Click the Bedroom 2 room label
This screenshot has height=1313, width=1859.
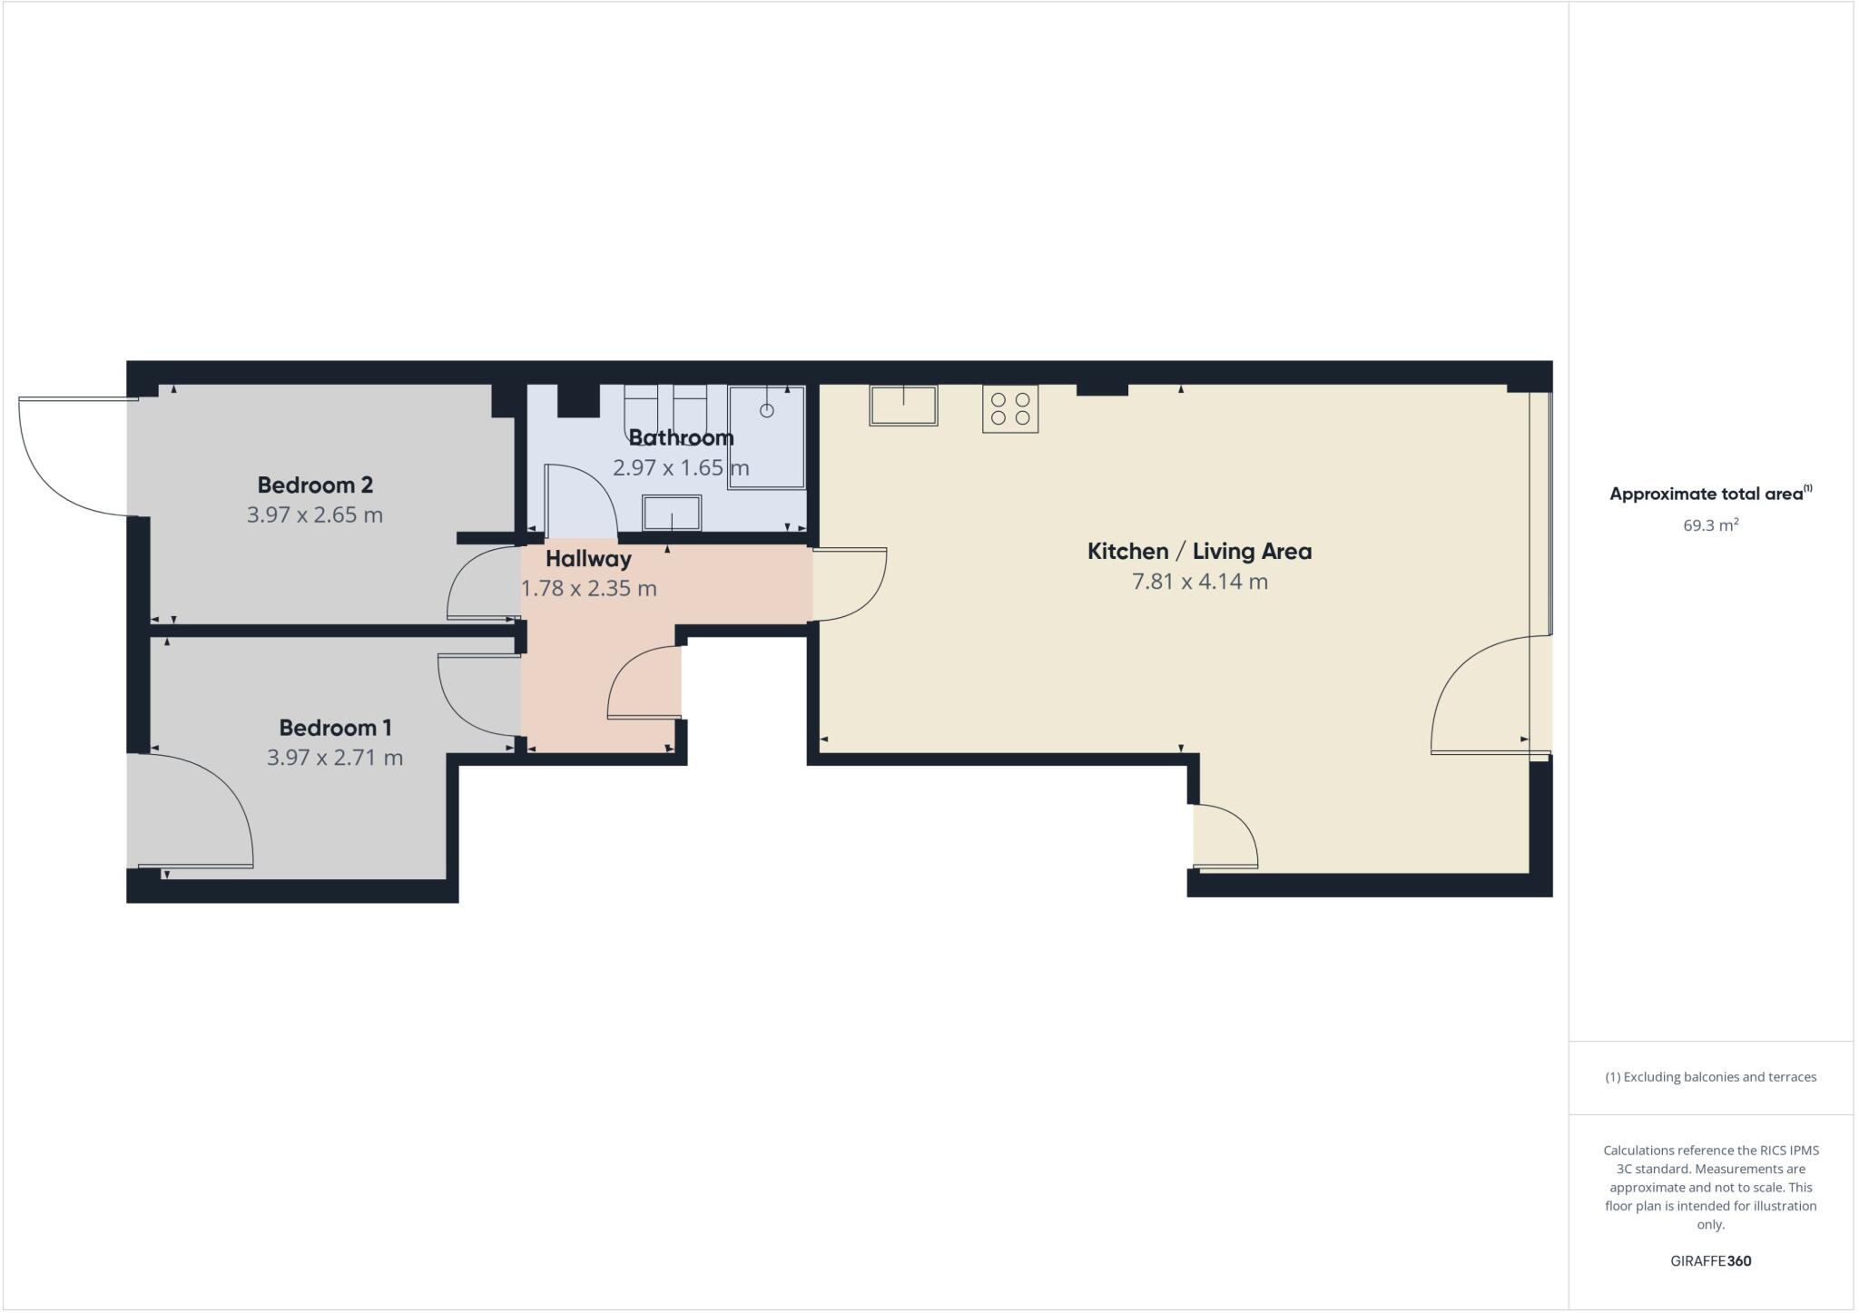[315, 485]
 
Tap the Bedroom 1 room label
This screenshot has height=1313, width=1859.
[335, 728]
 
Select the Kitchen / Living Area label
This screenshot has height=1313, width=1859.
[1199, 552]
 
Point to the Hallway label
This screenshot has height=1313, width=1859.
[588, 559]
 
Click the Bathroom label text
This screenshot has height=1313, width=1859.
[681, 438]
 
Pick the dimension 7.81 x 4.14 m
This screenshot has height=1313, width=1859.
[1199, 583]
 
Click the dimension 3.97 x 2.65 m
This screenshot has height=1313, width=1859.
[315, 515]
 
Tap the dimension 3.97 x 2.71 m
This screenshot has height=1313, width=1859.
[335, 758]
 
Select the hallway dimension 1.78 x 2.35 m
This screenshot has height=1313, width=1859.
[588, 589]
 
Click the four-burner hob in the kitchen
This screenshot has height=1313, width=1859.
[1010, 408]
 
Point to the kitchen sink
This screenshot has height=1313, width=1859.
[903, 406]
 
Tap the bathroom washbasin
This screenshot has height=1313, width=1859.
[672, 514]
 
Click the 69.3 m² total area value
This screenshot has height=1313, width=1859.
[1710, 525]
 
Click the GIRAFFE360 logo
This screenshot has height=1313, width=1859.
[1710, 1261]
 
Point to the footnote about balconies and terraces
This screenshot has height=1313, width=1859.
[1710, 1077]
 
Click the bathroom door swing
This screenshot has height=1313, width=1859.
[581, 500]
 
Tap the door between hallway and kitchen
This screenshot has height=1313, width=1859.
[850, 585]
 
